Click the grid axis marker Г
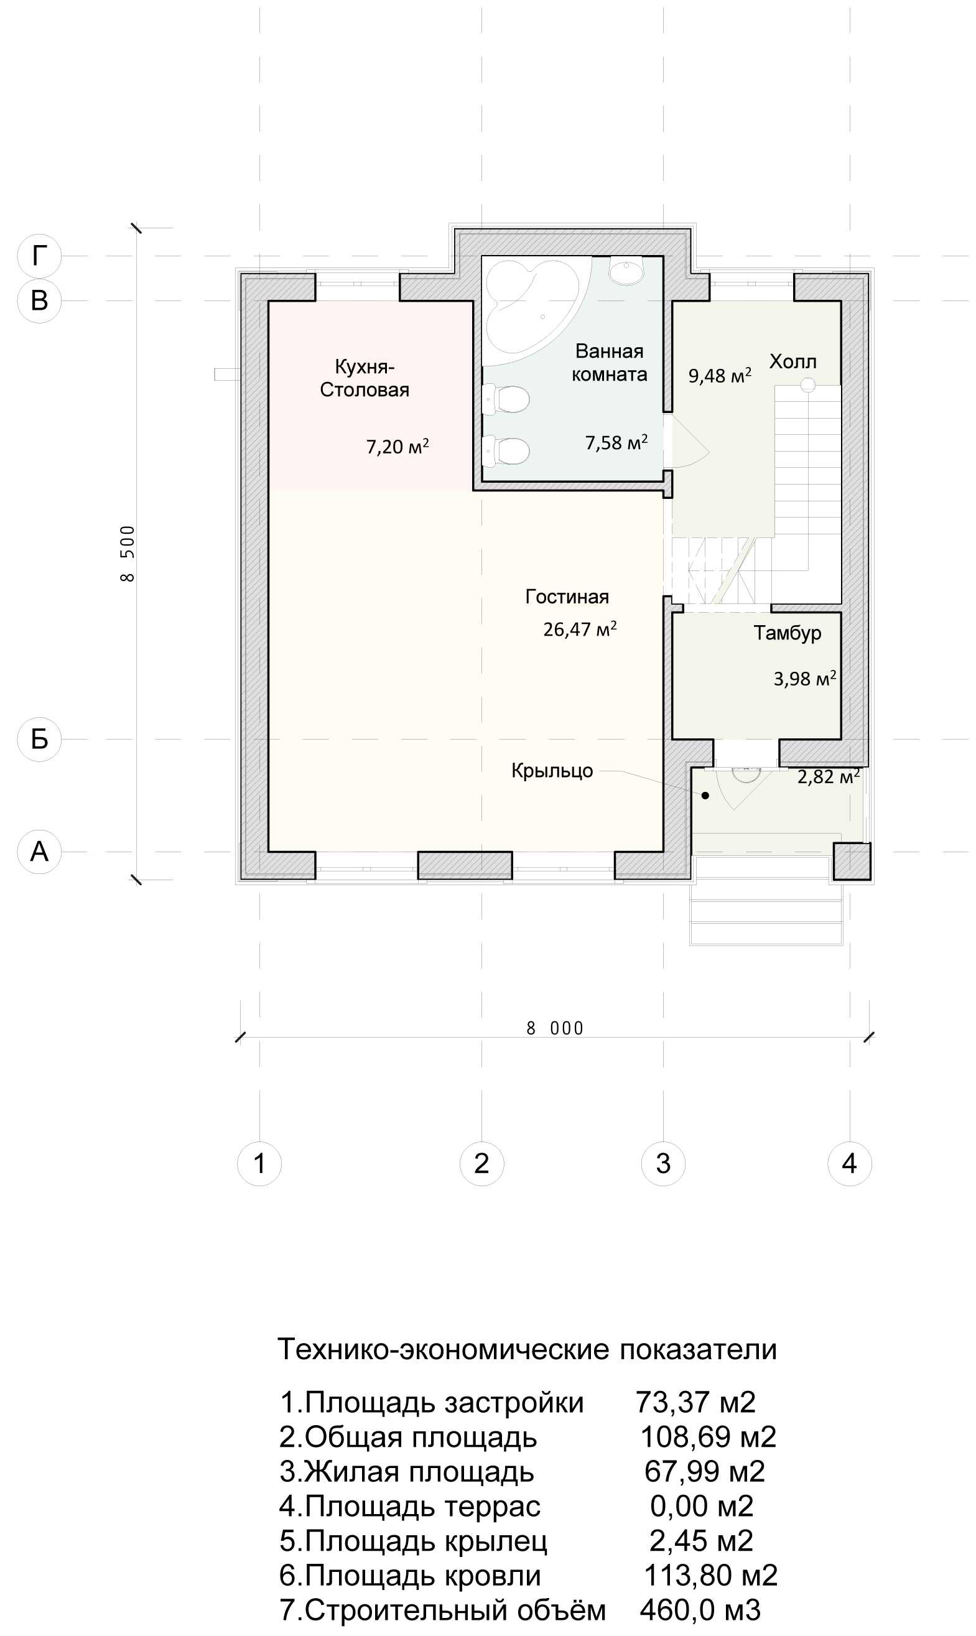[x=39, y=255]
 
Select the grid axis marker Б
[x=39, y=739]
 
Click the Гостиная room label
[x=567, y=597]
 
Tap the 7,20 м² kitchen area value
[x=397, y=447]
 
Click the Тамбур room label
[x=788, y=633]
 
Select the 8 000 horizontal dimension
[x=555, y=1028]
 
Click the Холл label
[x=793, y=361]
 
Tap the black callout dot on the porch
[x=705, y=796]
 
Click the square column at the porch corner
[x=852, y=861]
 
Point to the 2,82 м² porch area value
[x=829, y=777]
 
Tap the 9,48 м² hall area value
[x=720, y=376]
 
